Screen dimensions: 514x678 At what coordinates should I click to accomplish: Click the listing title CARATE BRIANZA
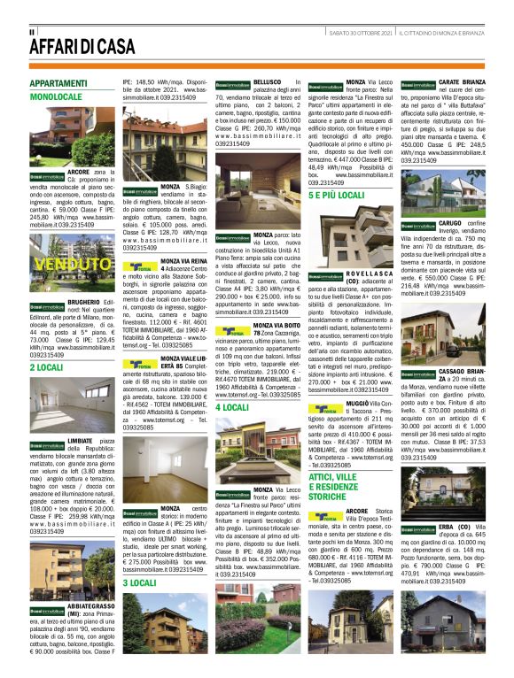pyautogui.click(x=460, y=81)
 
